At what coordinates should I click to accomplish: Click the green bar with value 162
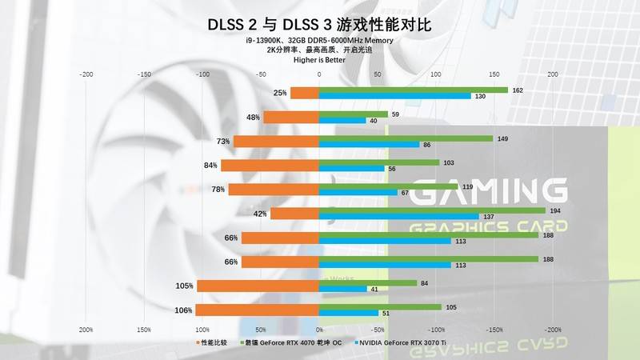tap(413, 90)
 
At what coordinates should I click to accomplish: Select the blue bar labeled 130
tap(394, 97)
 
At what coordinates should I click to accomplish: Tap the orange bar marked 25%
tap(304, 94)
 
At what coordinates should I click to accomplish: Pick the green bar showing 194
tap(432, 210)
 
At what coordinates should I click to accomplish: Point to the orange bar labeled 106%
tap(257, 310)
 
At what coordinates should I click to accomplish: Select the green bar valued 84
tap(367, 282)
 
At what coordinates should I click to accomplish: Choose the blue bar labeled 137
tap(398, 217)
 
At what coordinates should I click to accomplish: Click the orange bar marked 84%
tap(270, 166)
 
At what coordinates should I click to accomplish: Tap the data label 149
tap(502, 138)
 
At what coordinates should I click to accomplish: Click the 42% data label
tap(259, 214)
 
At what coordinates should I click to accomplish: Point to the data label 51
tap(386, 313)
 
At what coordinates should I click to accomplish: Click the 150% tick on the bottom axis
tap(145, 329)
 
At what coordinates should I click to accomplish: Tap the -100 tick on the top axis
tap(202, 74)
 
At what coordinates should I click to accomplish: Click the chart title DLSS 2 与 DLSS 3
tap(320, 25)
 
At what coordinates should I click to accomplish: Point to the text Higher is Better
tap(320, 59)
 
